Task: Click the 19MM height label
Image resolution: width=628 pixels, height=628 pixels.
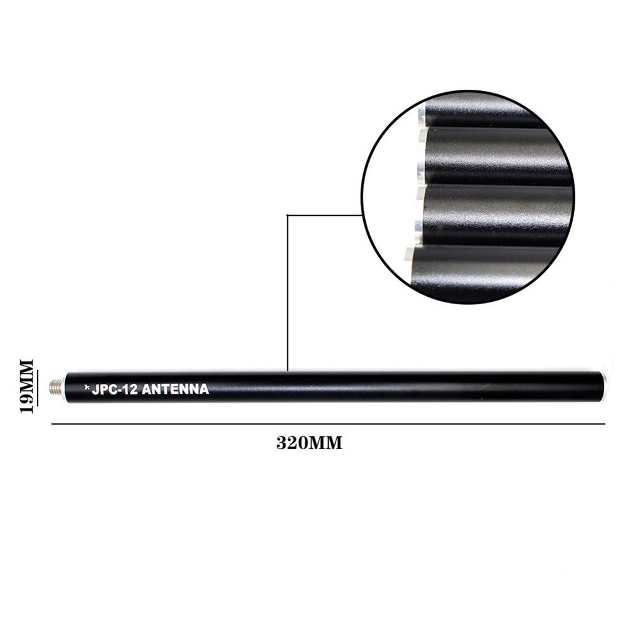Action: coord(26,386)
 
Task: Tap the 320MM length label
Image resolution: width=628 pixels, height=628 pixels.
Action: coord(309,443)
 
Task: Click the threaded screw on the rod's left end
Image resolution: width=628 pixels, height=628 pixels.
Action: coord(56,386)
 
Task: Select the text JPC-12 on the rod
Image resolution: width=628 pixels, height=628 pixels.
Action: coord(115,389)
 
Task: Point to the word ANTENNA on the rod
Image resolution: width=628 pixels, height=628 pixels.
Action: coord(175,389)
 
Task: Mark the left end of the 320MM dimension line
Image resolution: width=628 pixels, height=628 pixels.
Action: coord(52,424)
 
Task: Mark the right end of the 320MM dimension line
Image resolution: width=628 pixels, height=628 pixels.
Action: coord(605,424)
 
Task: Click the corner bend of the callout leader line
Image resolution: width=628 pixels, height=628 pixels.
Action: coord(287,215)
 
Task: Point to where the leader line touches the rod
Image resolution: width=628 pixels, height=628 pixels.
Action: coord(287,371)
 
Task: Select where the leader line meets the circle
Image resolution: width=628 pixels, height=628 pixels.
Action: coord(362,215)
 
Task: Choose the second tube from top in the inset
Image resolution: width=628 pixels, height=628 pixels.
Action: coord(496,155)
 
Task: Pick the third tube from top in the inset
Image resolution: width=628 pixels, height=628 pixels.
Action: coord(496,213)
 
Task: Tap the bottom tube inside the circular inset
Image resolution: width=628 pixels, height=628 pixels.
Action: coord(483,270)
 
